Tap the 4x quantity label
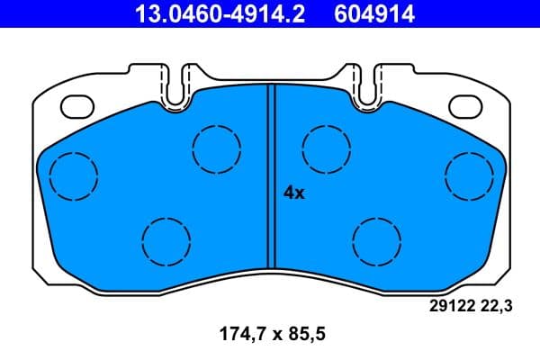click(294, 193)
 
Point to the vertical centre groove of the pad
click(271, 180)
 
